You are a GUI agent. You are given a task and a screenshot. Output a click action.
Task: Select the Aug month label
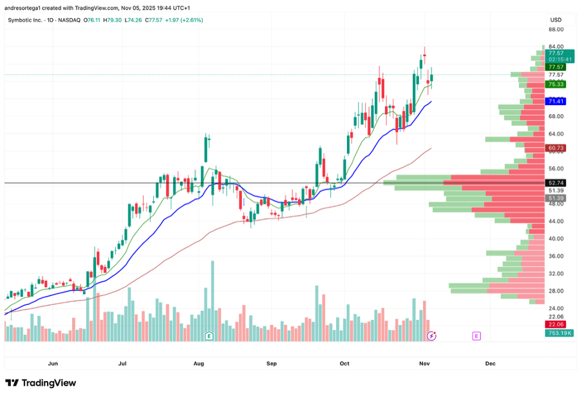click(198, 363)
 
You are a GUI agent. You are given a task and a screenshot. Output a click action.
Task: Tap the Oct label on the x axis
click(344, 363)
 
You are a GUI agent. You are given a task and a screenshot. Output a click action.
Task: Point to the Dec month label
click(490, 363)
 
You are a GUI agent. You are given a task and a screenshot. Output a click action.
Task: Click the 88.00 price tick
click(556, 29)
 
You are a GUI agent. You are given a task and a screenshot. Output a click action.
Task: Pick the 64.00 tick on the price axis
click(556, 134)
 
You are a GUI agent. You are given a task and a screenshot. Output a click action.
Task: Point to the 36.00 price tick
click(556, 256)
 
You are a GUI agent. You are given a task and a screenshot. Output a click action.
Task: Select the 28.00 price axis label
click(556, 291)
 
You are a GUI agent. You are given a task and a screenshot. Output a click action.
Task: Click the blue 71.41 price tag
click(556, 101)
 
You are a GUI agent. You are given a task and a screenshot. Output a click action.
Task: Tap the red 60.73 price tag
click(556, 148)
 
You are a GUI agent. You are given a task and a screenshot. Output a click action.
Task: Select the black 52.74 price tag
click(556, 183)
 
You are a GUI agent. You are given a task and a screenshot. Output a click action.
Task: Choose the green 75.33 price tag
click(556, 84)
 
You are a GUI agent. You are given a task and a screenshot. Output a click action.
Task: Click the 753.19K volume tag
click(559, 333)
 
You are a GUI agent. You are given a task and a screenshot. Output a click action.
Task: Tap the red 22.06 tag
click(556, 324)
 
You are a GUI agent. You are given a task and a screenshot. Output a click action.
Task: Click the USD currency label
click(555, 19)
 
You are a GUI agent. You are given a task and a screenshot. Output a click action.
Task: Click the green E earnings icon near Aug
click(209, 336)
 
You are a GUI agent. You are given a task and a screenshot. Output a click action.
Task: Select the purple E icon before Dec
click(476, 336)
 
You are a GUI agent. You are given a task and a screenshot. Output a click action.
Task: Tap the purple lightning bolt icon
click(432, 336)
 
